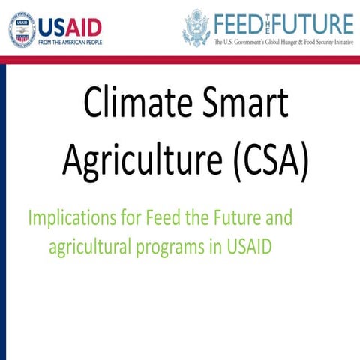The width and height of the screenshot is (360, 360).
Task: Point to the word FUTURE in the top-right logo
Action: click(x=316, y=22)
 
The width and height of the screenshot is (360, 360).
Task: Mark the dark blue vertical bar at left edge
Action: click(x=3, y=210)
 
